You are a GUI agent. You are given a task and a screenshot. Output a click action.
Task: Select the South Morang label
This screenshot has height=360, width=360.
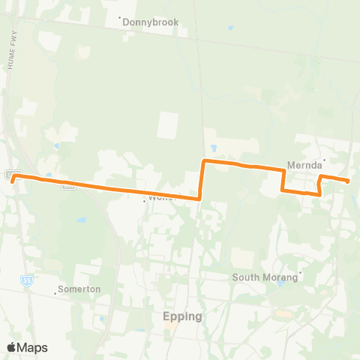pos(265,277)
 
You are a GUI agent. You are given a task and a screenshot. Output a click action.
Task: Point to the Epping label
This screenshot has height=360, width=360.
pos(182,316)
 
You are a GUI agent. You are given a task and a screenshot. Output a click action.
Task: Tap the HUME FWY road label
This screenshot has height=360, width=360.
pos(13,52)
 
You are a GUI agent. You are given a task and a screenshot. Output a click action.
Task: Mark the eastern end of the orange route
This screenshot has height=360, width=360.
pos(349,181)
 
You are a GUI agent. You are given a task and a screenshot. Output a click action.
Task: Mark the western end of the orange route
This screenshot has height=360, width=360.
pos(14,178)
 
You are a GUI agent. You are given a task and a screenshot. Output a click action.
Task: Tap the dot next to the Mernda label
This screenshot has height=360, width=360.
pos(324,159)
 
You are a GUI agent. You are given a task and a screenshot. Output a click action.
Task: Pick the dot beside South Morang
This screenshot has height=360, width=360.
pos(301,272)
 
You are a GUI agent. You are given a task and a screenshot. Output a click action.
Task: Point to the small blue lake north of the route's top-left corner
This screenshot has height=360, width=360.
pos(214,147)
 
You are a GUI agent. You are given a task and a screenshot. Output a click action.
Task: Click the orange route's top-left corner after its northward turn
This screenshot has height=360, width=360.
pos(204,161)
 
